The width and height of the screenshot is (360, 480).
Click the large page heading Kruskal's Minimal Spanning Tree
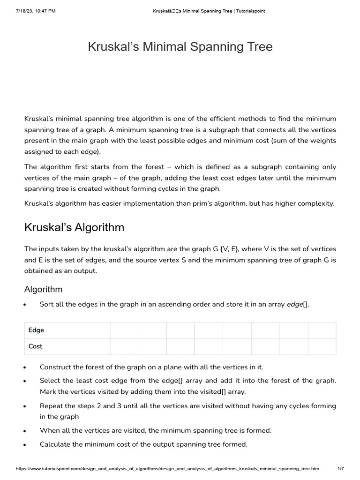pos(180,47)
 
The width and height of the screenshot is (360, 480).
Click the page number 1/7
pos(341,469)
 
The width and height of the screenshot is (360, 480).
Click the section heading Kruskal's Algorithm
pos(74,227)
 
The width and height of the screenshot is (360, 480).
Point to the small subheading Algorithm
pos(43,289)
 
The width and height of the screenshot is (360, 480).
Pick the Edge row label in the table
pos(36,330)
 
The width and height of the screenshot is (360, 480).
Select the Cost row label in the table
pos(35,346)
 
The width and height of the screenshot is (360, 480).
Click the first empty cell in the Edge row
pos(124,330)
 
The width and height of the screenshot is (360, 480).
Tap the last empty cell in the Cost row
pos(322,346)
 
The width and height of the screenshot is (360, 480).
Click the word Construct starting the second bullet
pos(56,367)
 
